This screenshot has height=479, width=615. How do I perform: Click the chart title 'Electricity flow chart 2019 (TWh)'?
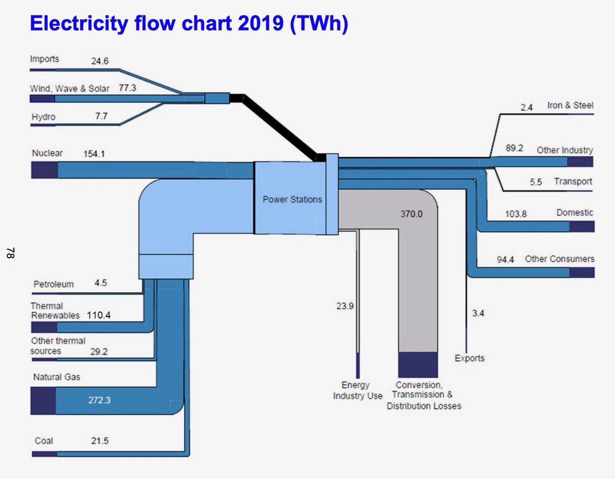(189, 24)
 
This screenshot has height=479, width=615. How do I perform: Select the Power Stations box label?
(292, 199)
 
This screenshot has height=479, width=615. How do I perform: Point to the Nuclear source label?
(47, 153)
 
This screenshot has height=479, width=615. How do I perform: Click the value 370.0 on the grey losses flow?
(412, 214)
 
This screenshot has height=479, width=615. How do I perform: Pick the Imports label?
(44, 59)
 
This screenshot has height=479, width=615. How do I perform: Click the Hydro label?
(43, 117)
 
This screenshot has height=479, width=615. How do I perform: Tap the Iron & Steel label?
(570, 106)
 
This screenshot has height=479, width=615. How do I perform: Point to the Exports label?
(469, 358)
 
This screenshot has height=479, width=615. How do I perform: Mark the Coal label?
(44, 441)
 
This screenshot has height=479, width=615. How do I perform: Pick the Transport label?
(573, 181)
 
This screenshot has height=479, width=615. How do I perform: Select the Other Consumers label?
(560, 259)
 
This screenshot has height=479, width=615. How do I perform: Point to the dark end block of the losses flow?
(418, 365)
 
